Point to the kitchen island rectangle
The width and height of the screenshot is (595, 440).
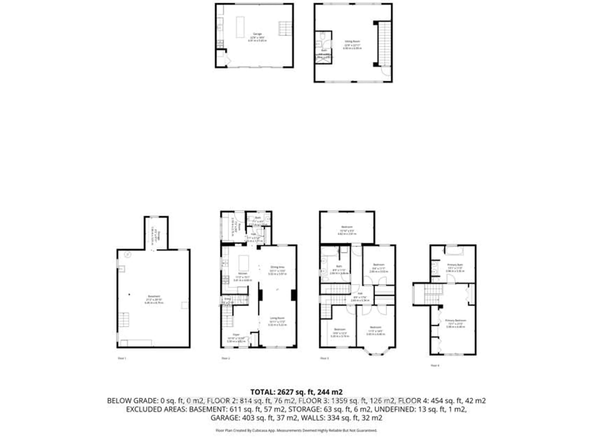244,263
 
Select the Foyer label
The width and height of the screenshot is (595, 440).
236,335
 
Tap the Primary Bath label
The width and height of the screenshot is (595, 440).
455,265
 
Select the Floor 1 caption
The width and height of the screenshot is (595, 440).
122,358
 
